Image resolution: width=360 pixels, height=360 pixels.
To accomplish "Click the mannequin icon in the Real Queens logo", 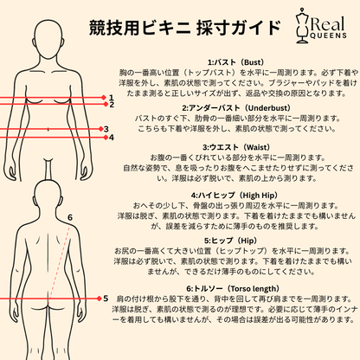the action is pos(303,26).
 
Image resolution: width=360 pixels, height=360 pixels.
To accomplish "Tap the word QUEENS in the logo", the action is pos(328,35).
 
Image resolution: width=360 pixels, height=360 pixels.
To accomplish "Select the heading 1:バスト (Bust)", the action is pos(235,62).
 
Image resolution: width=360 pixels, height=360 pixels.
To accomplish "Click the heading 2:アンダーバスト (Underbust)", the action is pos(236,108).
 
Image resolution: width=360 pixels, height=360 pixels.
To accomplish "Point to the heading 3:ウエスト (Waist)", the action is pos(236,147).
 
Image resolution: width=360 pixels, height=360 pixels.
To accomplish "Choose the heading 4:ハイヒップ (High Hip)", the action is pos(234,196).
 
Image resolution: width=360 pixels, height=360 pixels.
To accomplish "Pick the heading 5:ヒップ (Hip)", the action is pos(230,241).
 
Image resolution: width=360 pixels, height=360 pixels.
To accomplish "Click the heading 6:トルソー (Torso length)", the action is pos(233,288).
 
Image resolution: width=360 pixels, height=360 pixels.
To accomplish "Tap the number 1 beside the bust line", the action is pos(112,98).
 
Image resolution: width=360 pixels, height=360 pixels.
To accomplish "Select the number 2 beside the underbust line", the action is pos(112,105).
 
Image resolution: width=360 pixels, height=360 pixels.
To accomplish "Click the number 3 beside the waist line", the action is pos(106,129).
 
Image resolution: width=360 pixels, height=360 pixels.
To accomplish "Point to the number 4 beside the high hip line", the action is pos(112,138).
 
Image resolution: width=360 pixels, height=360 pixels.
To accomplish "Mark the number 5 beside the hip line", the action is pos(106,299).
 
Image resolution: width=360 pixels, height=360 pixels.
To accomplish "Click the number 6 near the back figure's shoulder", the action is pos(70,217).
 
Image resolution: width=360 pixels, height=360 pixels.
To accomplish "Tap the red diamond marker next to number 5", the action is pos(99,299).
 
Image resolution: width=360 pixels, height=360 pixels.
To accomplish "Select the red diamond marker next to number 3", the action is pos(100,129).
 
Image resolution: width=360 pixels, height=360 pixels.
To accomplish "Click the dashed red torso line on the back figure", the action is pos(59,262).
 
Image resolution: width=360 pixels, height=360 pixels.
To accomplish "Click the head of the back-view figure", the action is pos(48,197).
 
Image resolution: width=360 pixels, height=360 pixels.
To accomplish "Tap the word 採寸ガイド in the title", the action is pos(238,28).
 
